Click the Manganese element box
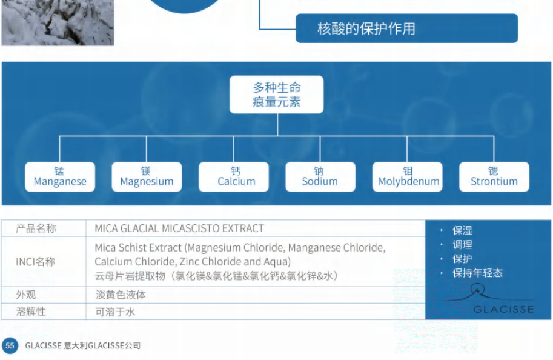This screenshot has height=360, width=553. [60, 177]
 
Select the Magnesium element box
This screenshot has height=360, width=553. [147, 177]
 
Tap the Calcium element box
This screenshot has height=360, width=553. [233, 177]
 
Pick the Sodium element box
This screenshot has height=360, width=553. [320, 177]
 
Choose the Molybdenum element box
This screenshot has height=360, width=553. [408, 177]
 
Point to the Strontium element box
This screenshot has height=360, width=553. [494, 177]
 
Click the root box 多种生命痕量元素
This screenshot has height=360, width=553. [276, 95]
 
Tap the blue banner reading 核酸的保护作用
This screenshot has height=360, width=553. [406, 28]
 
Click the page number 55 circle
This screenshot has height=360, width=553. [10, 345]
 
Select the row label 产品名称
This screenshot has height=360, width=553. [36, 228]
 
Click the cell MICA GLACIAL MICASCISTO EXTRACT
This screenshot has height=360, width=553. [179, 228]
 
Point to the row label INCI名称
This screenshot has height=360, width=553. [35, 262]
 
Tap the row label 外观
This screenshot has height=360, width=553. [26, 295]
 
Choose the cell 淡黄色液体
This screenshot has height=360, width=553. [121, 295]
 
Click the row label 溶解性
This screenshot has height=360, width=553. [31, 312]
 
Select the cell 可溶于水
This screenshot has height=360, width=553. [115, 312]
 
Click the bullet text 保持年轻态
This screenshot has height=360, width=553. [477, 273]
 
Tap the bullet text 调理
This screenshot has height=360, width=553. [462, 245]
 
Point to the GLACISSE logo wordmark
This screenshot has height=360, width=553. [503, 310]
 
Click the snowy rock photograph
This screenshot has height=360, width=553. [58, 22]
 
